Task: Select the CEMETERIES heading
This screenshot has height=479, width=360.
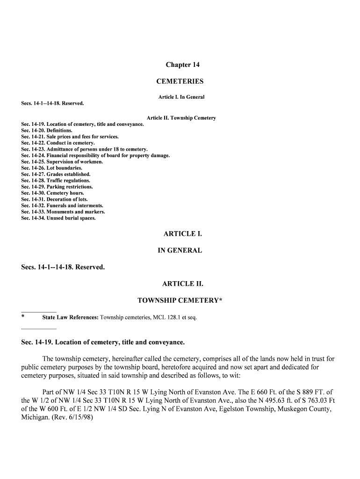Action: (x=180, y=81)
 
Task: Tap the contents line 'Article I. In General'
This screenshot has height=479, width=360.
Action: (x=181, y=97)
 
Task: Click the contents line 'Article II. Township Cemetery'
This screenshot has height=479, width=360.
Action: (x=181, y=118)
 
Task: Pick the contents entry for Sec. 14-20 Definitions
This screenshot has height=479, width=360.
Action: (x=47, y=131)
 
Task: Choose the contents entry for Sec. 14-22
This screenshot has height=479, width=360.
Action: (x=58, y=143)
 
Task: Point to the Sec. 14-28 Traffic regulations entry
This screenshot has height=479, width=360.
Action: (x=56, y=181)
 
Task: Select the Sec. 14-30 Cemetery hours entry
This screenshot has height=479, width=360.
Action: (x=53, y=193)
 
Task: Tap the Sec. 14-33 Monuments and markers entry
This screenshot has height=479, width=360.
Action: (x=63, y=212)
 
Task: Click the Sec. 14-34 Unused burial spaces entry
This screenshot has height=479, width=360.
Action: (x=58, y=218)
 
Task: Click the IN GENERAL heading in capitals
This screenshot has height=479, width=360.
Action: (x=180, y=250)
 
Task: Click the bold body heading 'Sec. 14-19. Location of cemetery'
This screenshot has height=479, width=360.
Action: (x=103, y=342)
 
